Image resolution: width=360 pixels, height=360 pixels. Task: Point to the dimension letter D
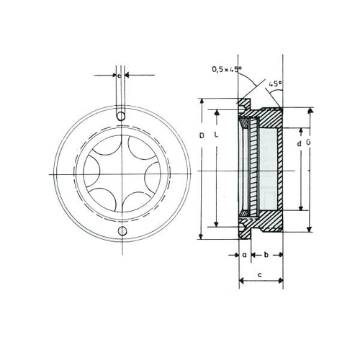click(x=202, y=136)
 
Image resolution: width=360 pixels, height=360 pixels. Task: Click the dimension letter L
click(x=217, y=136)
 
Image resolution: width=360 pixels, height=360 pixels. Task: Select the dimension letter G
click(x=308, y=145)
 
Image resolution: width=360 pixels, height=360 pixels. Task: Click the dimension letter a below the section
click(x=244, y=255)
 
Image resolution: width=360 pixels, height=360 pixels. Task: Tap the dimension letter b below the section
click(x=266, y=255)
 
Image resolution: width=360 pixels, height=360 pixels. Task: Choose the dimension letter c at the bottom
click(x=258, y=275)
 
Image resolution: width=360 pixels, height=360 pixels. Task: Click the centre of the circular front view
click(x=122, y=175)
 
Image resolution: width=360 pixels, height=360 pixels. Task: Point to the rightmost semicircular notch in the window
click(x=152, y=175)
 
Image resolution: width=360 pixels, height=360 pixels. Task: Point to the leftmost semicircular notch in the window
click(x=91, y=175)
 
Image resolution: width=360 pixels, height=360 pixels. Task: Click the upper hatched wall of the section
click(x=269, y=117)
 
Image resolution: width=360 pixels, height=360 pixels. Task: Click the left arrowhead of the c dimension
click(x=240, y=284)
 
